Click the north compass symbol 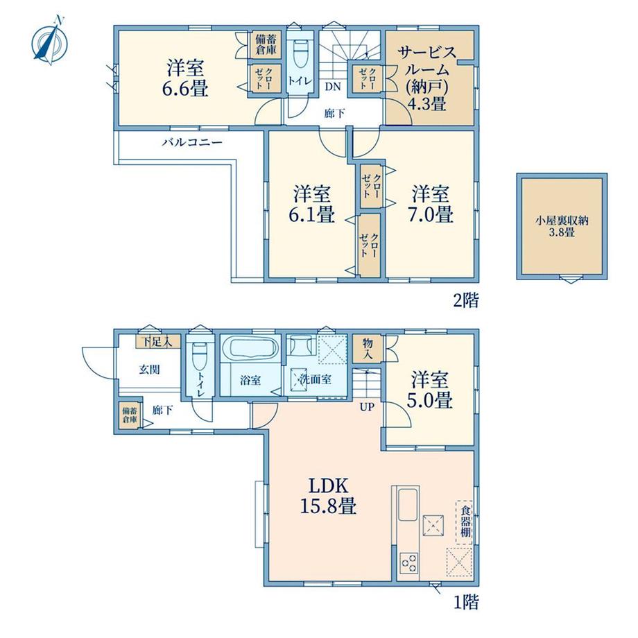[x=50, y=40]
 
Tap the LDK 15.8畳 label [x=328, y=496]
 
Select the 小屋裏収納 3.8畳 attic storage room [x=562, y=226]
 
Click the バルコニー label [x=193, y=142]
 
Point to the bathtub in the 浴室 [x=250, y=349]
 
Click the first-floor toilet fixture [x=200, y=355]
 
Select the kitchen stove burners [x=408, y=563]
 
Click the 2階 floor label [x=466, y=301]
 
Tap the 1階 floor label [x=466, y=602]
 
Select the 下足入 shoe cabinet [x=157, y=342]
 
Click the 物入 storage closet [x=368, y=349]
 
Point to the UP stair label [x=367, y=407]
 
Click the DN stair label [x=333, y=87]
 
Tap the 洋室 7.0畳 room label [x=431, y=203]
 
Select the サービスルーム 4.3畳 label [x=427, y=78]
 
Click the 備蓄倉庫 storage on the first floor [x=130, y=415]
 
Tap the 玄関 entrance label [x=149, y=370]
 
